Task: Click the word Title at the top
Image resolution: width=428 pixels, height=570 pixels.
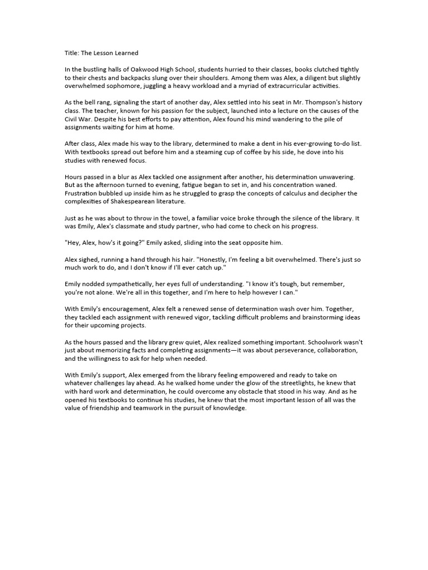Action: (71, 53)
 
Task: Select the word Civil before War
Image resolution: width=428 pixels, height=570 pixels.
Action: (73, 119)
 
